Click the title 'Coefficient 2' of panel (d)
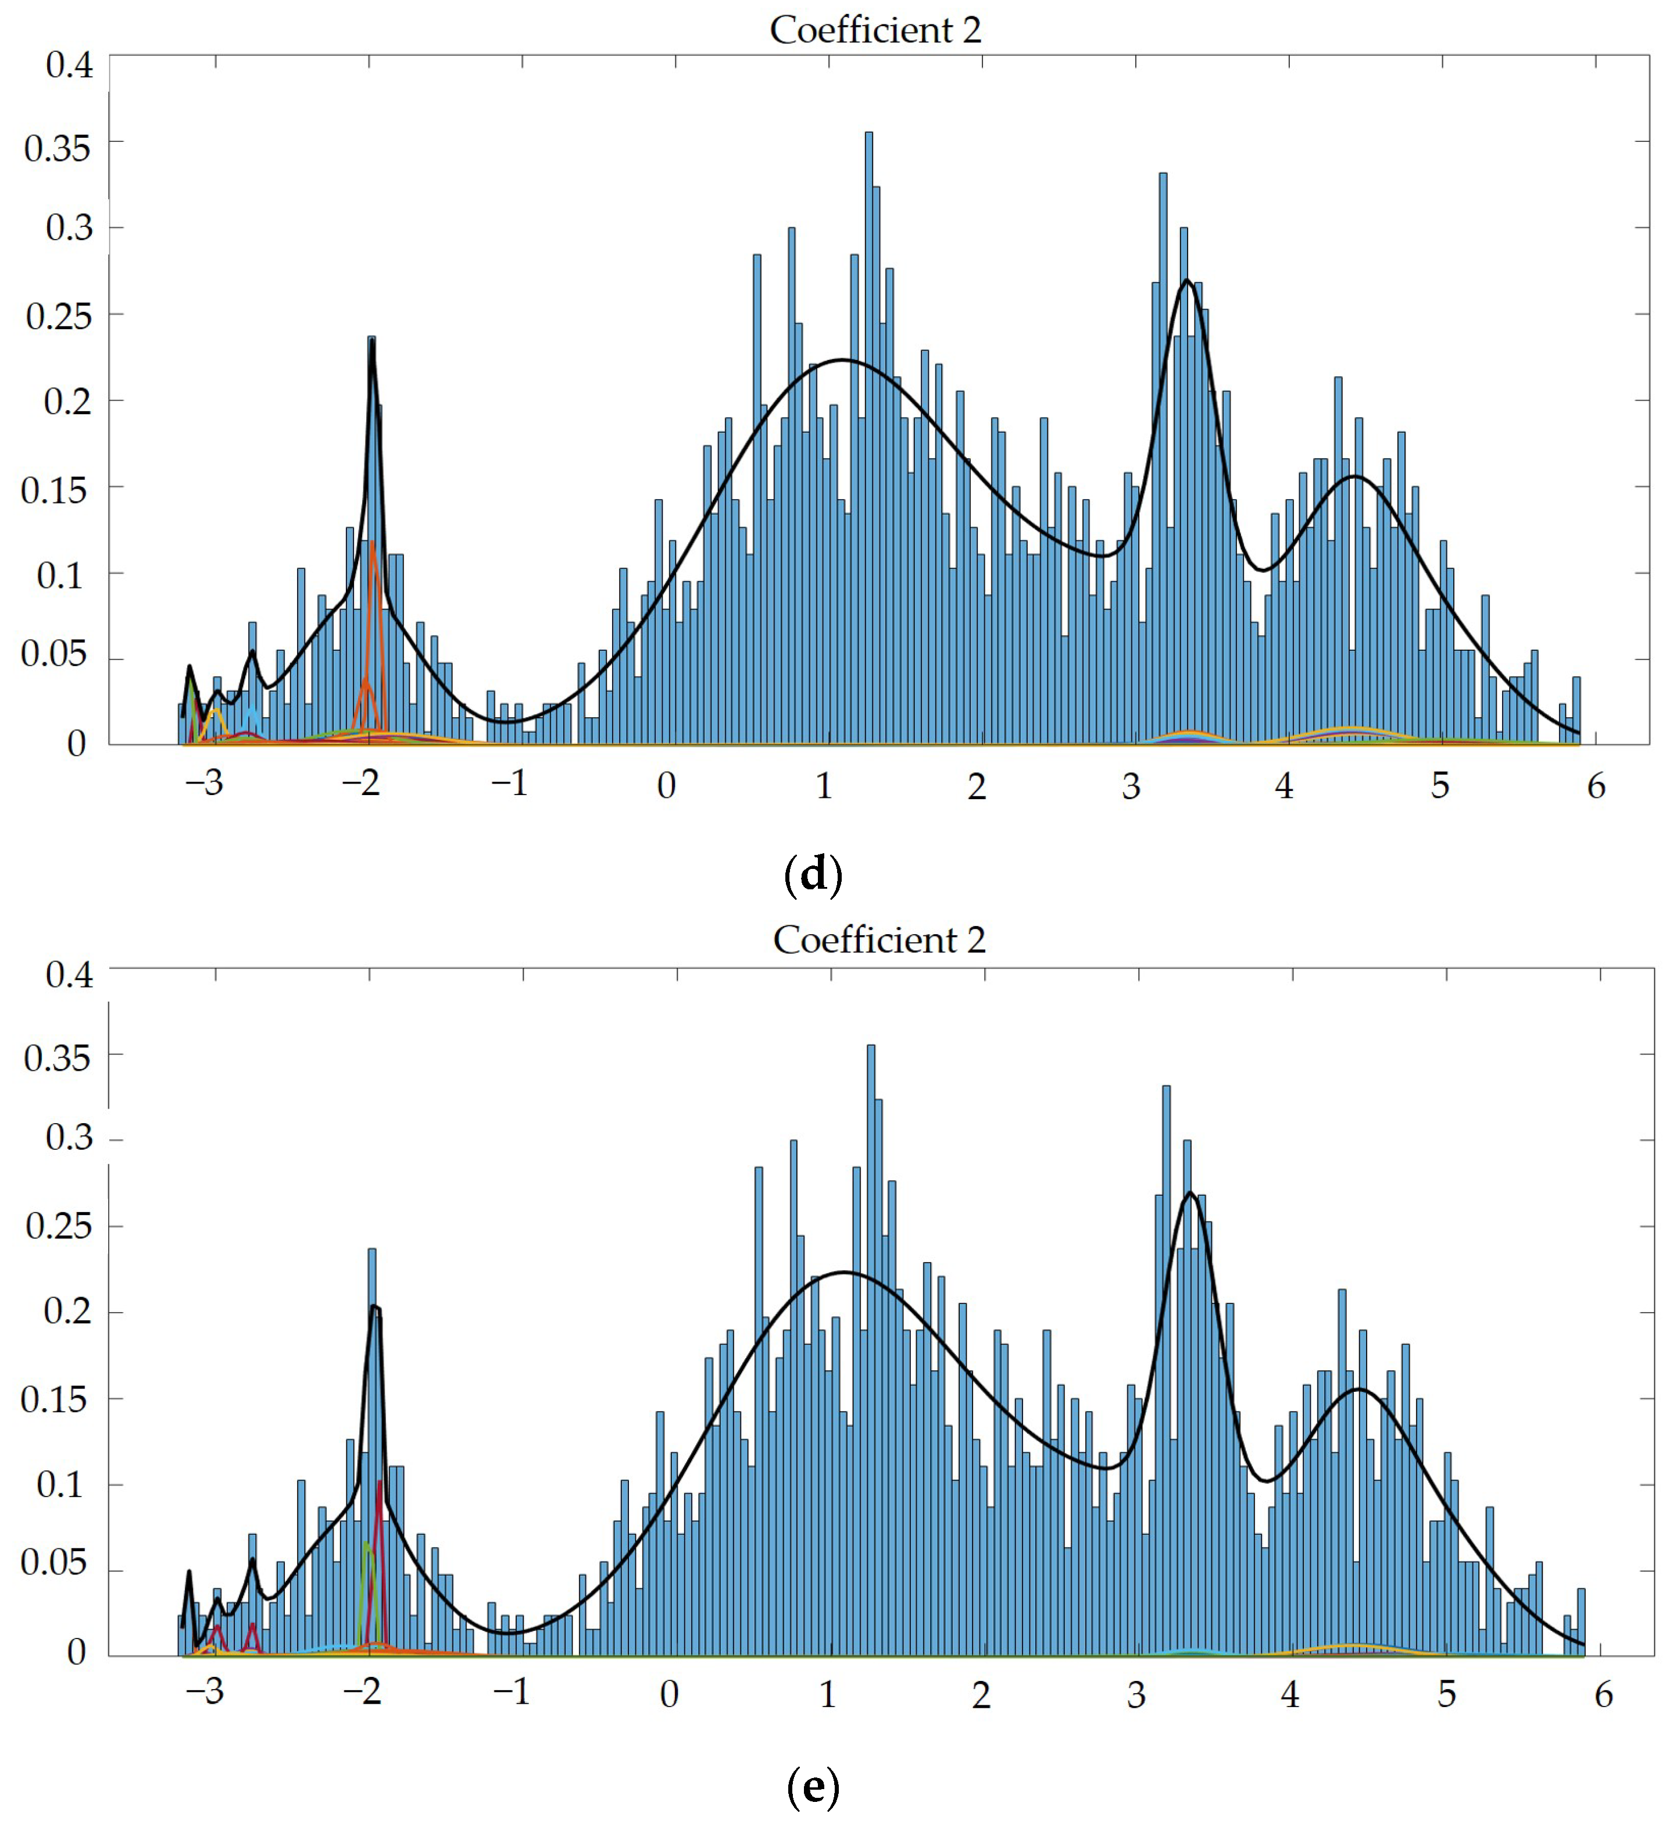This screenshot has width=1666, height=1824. point(875,30)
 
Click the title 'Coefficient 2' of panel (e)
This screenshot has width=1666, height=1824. point(878,940)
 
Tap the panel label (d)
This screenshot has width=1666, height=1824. point(813,875)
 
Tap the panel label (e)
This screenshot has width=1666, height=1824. point(813,1787)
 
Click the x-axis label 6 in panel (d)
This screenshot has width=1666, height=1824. point(1596,786)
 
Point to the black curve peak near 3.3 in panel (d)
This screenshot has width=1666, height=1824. point(1186,280)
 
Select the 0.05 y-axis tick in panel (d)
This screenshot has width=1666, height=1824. point(55,653)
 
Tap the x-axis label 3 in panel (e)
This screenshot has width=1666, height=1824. point(1136,1695)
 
